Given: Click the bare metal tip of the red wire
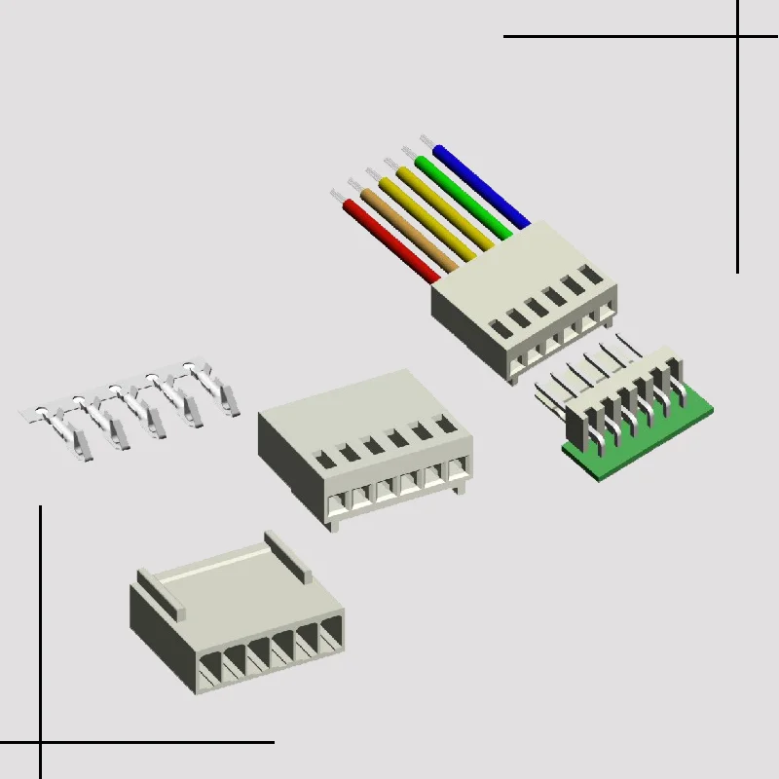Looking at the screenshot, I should pyautogui.click(x=340, y=197).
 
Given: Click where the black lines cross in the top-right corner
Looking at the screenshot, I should pyautogui.click(x=737, y=37).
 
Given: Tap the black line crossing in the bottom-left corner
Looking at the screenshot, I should pyautogui.click(x=41, y=743).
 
